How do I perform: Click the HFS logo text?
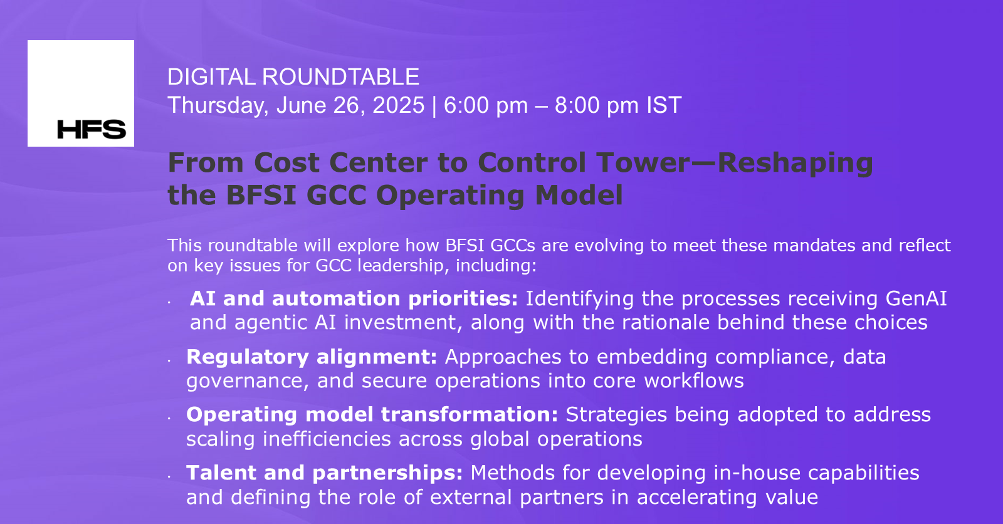92,129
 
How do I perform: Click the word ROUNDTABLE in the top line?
340,77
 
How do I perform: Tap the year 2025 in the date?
398,105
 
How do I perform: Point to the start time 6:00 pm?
486,105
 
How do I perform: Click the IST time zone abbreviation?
663,105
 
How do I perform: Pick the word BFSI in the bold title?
261,195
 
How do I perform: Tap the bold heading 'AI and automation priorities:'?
354,298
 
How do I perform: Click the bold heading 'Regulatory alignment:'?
312,357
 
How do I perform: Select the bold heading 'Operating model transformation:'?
372,414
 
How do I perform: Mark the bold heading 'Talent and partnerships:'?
324,473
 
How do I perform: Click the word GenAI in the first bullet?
916,298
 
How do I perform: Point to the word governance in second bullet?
248,381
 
